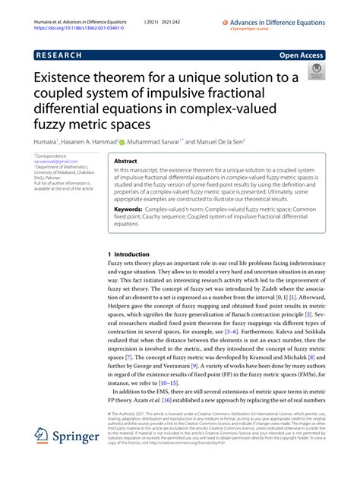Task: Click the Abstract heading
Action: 125,162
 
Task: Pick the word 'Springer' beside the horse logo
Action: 75,439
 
